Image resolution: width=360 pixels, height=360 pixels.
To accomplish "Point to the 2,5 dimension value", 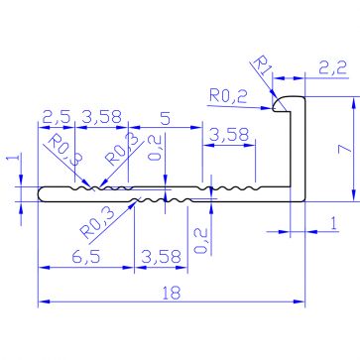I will click(x=56, y=117).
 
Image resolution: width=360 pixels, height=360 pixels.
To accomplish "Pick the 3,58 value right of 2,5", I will click(x=102, y=117).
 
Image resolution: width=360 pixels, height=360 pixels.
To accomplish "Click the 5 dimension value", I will click(x=165, y=117).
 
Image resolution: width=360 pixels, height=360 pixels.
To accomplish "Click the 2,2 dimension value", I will click(x=330, y=67).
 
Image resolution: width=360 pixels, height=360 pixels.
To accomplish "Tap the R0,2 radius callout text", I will click(x=229, y=96).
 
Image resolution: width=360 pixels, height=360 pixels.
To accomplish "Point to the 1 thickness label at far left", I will click(x=11, y=159).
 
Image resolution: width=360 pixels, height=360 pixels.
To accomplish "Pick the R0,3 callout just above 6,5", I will click(x=100, y=224).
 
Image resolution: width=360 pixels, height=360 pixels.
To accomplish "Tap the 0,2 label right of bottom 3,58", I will click(x=201, y=239).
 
